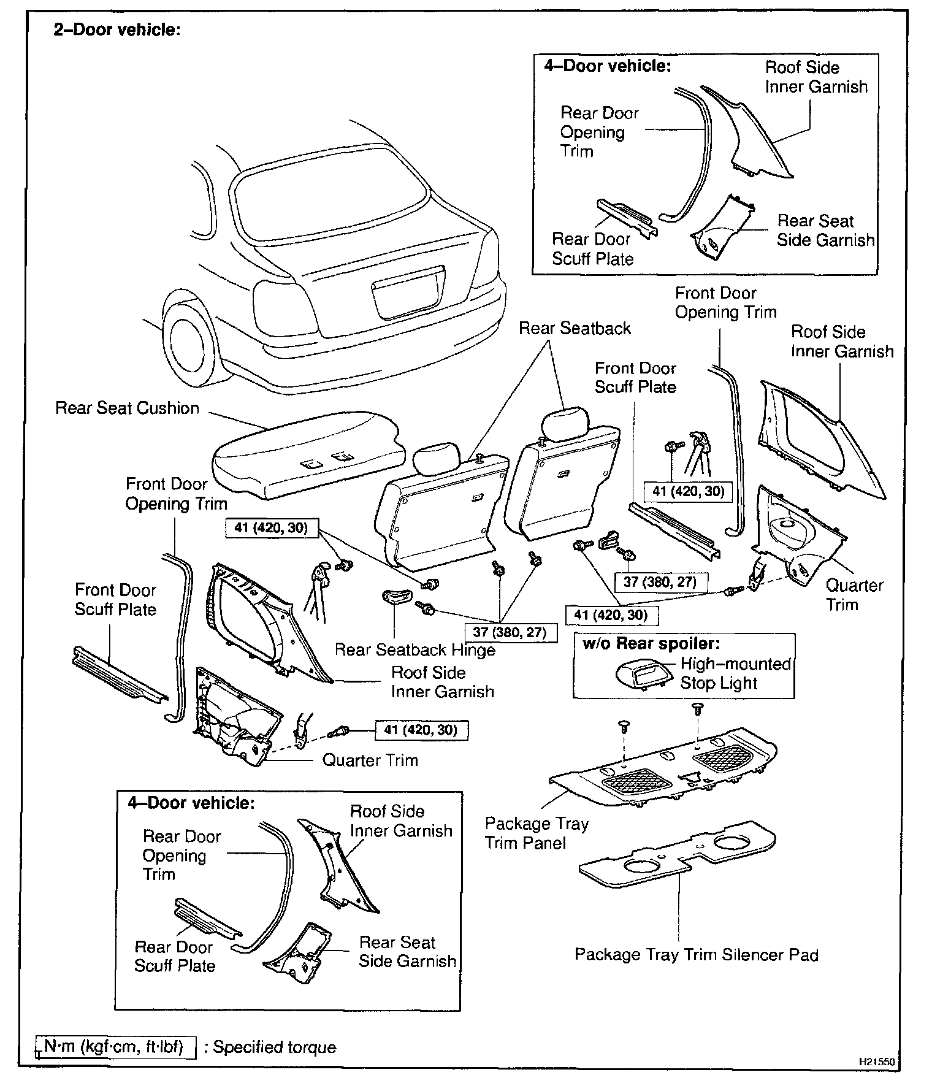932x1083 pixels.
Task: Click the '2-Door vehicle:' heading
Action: [x=116, y=30]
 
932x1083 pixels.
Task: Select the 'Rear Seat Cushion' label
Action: [x=127, y=408]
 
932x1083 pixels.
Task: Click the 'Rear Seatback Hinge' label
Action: [x=414, y=649]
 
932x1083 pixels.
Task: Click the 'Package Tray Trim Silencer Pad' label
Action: [x=696, y=955]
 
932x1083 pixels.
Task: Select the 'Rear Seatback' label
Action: [x=575, y=329]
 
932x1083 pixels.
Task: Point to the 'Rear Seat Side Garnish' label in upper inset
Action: [x=825, y=231]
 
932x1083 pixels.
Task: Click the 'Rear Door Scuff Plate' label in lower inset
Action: [x=175, y=956]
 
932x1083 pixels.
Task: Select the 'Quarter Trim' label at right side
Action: [x=854, y=595]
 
